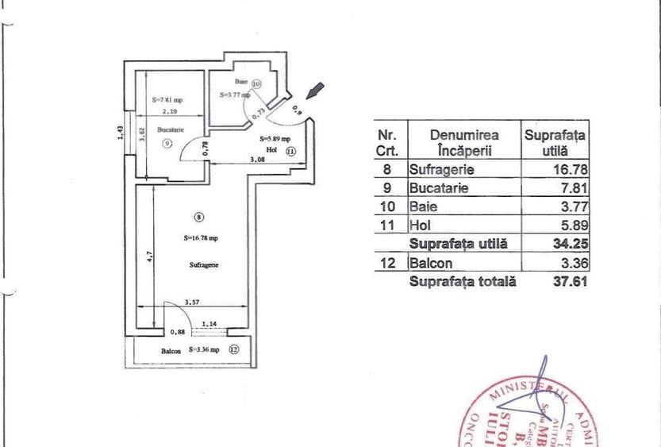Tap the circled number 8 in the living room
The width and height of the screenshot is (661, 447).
pyautogui.click(x=198, y=216)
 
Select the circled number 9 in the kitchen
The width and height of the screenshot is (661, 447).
pyautogui.click(x=167, y=143)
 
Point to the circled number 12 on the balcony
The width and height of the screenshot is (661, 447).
pyautogui.click(x=233, y=349)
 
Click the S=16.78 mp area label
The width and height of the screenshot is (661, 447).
pyautogui.click(x=201, y=237)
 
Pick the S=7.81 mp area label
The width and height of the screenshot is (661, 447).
pyautogui.click(x=167, y=100)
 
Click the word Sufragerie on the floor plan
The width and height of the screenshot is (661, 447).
pyautogui.click(x=204, y=264)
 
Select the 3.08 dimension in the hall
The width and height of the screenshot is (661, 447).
pyautogui.click(x=258, y=160)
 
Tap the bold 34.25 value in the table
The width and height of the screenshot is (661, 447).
pyautogui.click(x=571, y=243)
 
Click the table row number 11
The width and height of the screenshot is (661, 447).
pyautogui.click(x=389, y=224)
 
